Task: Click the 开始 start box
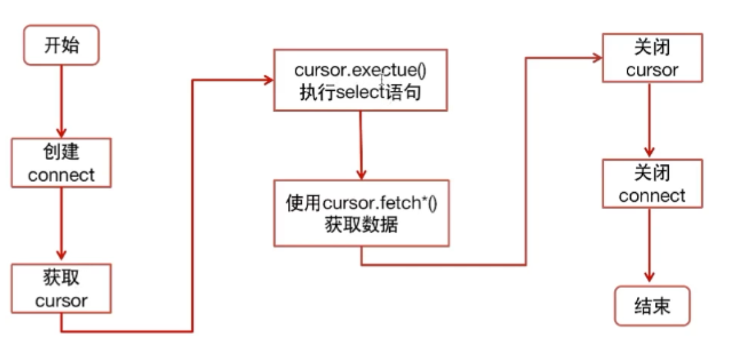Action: pyautogui.click(x=61, y=45)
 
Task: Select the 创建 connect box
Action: pyautogui.click(x=61, y=163)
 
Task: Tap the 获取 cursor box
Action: pyautogui.click(x=61, y=289)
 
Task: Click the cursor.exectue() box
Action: pyautogui.click(x=361, y=80)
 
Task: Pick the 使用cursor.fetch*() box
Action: pyautogui.click(x=361, y=213)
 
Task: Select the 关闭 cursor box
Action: pyautogui.click(x=652, y=59)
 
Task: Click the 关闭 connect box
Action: pyautogui.click(x=652, y=184)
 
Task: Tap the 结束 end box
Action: pyautogui.click(x=652, y=306)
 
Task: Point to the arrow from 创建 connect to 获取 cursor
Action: pyautogui.click(x=61, y=225)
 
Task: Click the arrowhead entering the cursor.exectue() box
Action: pyautogui.click(x=267, y=80)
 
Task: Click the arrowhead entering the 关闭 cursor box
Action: pyautogui.click(x=596, y=57)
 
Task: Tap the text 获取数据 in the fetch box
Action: pyautogui.click(x=361, y=225)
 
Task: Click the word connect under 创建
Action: pyautogui.click(x=61, y=175)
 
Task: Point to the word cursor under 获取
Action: pyautogui.click(x=61, y=301)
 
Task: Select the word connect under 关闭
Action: pyautogui.click(x=652, y=196)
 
